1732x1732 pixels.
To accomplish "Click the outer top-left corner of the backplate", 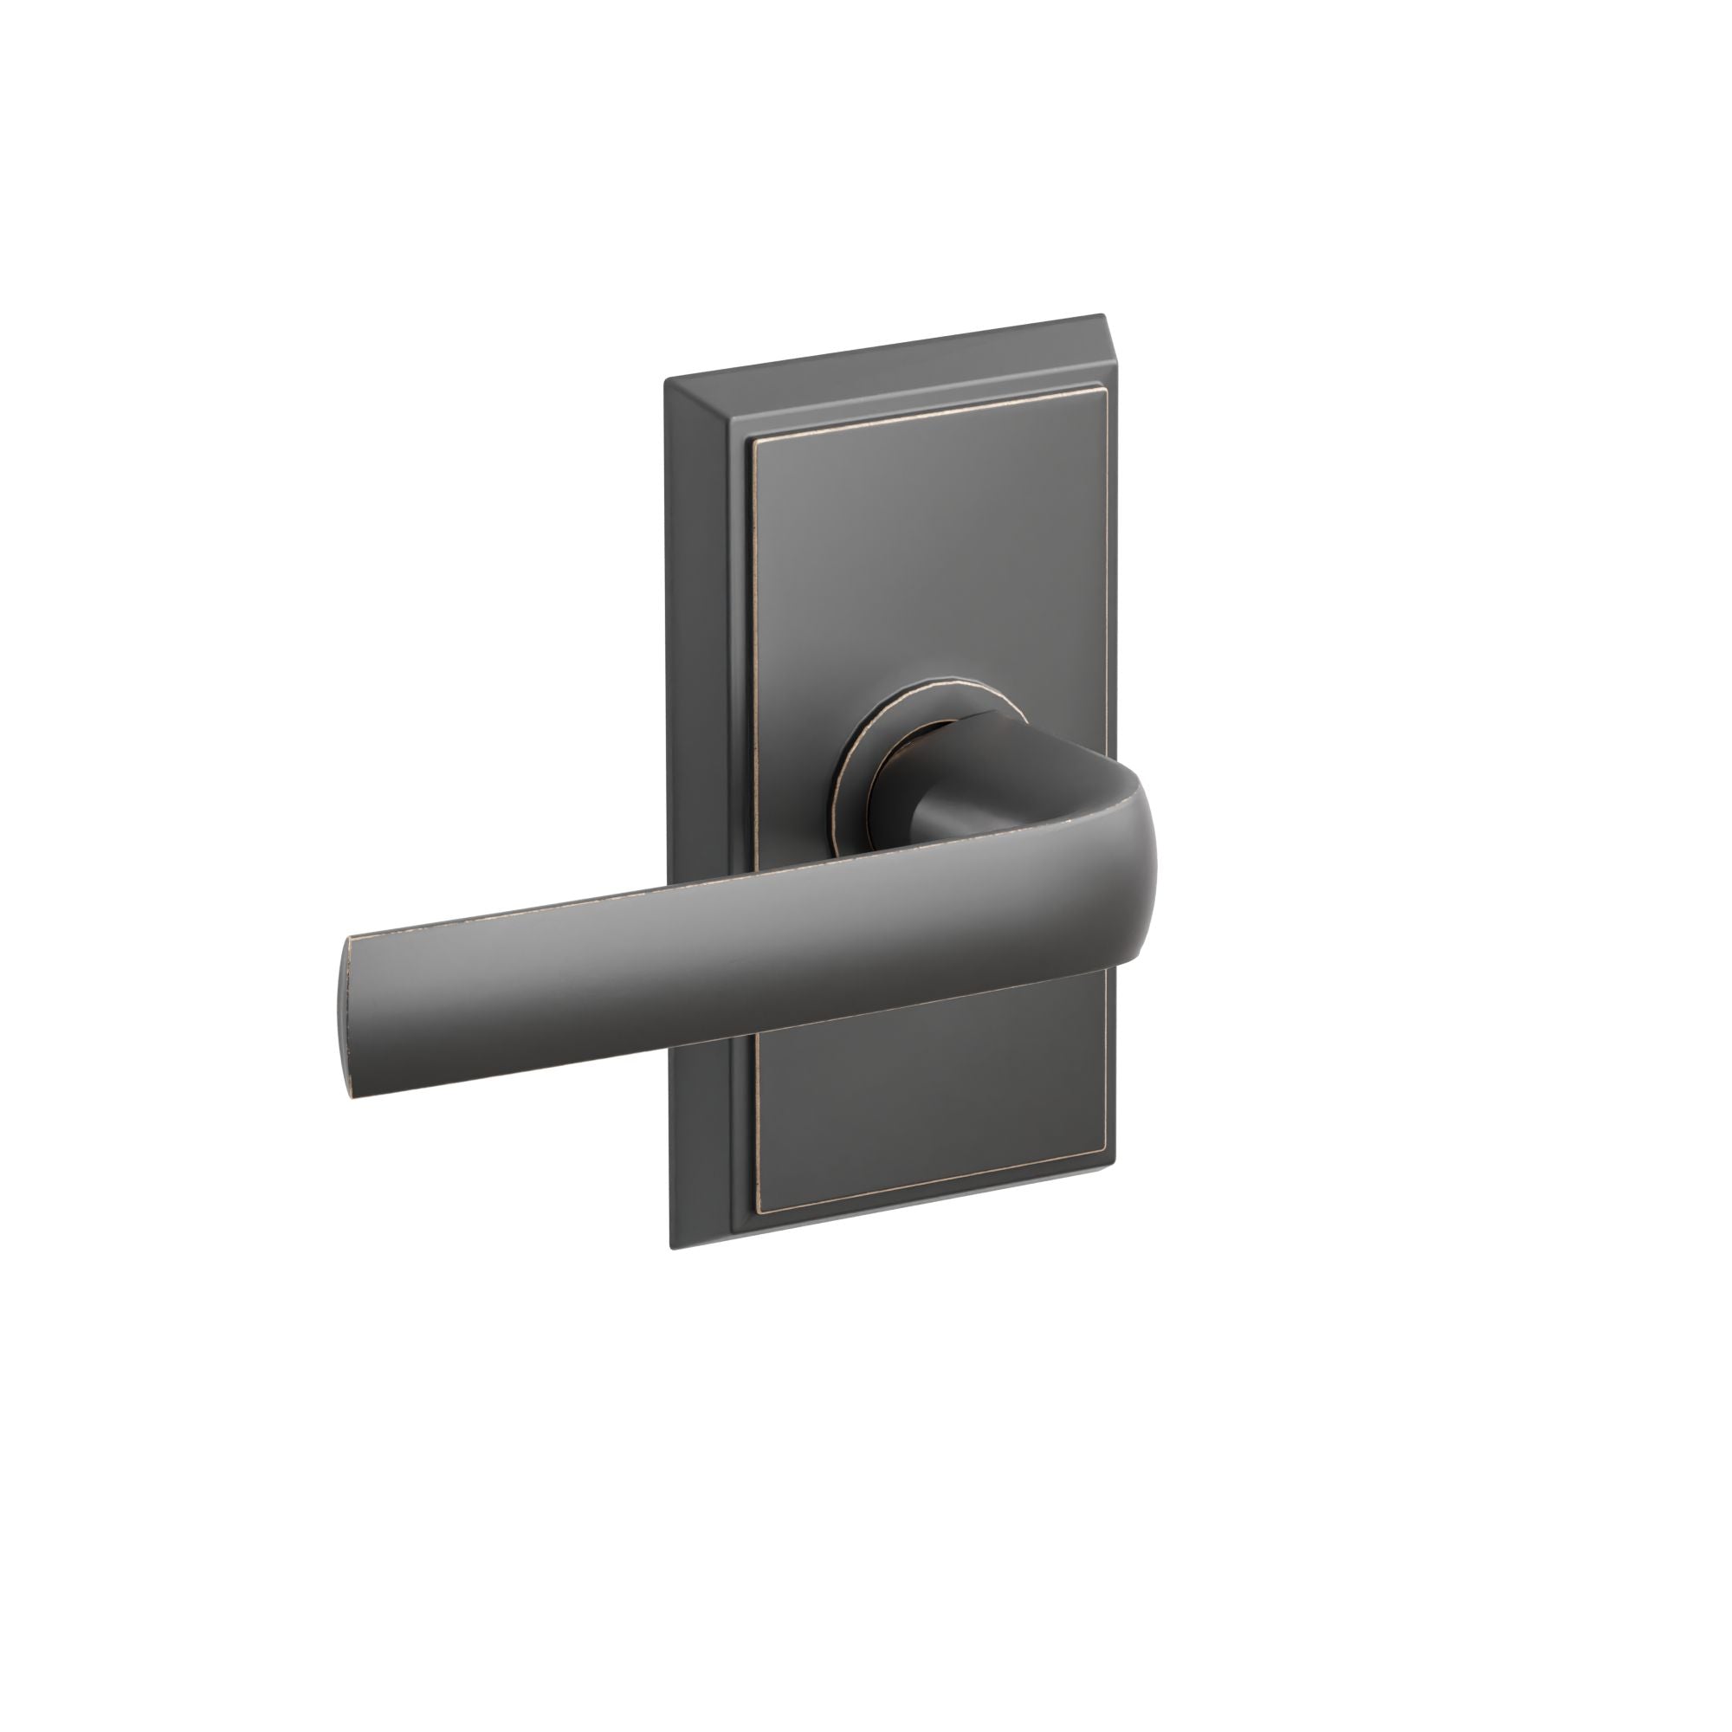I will [x=664, y=383].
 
